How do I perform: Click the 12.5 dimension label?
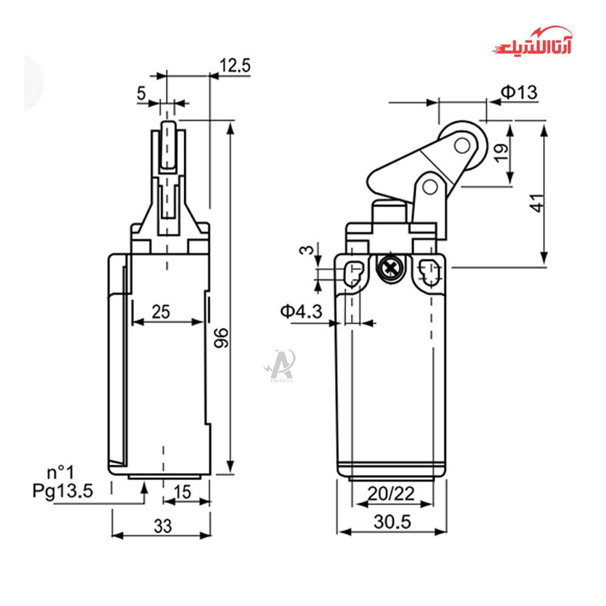point(235,65)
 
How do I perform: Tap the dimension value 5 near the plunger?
point(141,93)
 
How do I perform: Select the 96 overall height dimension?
point(221,338)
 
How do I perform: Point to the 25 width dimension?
point(161,311)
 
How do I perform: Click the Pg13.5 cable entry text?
point(62,491)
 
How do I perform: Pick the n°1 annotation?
point(60,472)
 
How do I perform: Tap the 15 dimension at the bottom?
point(182,492)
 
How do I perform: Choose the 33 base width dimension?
point(162,526)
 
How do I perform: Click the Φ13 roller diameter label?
point(519,92)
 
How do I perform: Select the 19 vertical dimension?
point(501,153)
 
